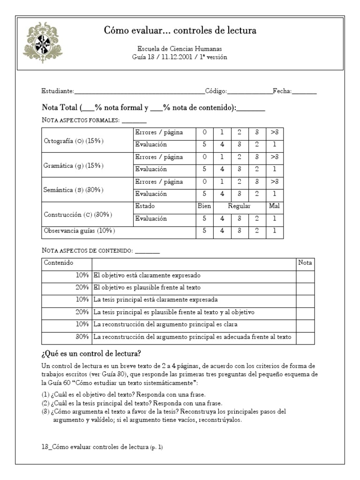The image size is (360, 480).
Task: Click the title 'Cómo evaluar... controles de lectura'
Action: coord(180,31)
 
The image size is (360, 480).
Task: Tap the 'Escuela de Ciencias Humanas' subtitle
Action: coord(180,49)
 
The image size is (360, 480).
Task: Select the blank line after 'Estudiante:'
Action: coord(139,92)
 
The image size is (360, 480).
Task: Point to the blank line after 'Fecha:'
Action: coord(305,92)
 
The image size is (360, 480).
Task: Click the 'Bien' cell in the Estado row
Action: coord(204,206)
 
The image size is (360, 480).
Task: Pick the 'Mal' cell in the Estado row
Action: coord(274,206)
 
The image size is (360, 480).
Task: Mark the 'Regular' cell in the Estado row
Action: coord(240,206)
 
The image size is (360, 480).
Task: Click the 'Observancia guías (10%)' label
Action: coord(79,231)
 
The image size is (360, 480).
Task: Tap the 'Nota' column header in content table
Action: coord(305,263)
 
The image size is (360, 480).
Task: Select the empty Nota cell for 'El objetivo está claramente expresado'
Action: coord(305,276)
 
